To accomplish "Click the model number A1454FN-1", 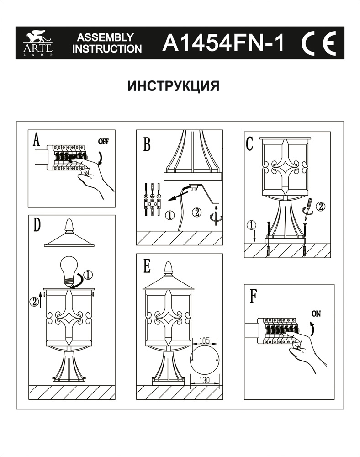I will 223,43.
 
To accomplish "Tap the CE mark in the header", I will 318,43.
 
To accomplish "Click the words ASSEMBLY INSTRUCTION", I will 107,43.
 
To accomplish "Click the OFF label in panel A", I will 104,141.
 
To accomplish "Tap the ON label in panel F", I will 316,314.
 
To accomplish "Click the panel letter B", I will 146,144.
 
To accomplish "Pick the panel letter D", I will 37,224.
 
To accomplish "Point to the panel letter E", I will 147,266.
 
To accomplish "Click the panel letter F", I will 253,296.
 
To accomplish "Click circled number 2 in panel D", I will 33,301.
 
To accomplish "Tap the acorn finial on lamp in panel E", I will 169,267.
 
